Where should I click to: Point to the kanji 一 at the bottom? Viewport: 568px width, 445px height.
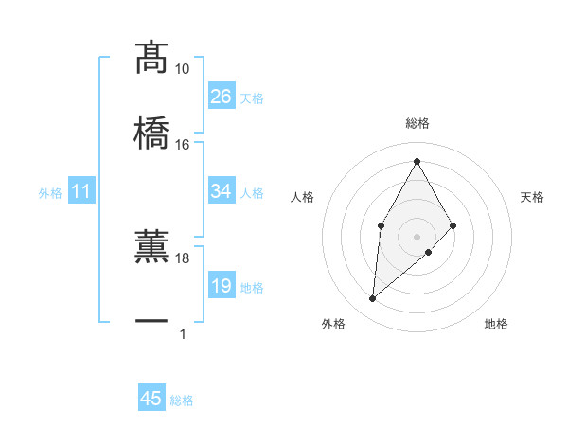[151, 321]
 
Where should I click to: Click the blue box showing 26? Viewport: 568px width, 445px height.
[221, 97]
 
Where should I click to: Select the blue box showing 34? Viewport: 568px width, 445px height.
[221, 191]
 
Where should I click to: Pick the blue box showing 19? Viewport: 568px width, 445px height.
[221, 286]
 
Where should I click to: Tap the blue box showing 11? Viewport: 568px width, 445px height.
[81, 191]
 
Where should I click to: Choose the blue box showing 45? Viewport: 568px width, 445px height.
[151, 399]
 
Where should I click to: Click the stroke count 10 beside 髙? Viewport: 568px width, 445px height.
[183, 69]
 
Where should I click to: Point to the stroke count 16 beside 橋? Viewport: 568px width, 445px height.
[183, 144]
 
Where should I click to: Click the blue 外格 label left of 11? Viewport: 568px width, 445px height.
[50, 193]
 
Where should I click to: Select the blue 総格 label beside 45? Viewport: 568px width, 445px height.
[182, 400]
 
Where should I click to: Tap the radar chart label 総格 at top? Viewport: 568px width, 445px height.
[417, 123]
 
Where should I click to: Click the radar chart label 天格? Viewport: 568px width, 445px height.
[532, 197]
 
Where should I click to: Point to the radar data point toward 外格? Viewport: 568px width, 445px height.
[373, 299]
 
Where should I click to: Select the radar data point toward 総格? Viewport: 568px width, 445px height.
[417, 161]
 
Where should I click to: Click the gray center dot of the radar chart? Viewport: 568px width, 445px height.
[417, 235]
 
